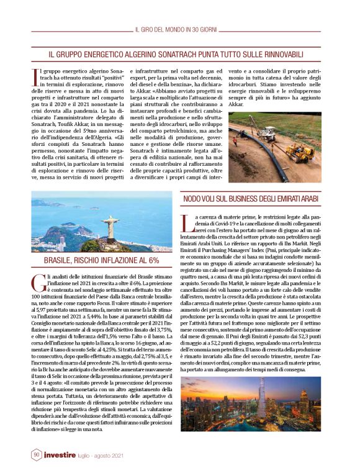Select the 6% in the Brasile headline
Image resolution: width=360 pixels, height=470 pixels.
[x=152, y=261]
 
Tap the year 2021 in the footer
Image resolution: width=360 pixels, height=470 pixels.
[x=127, y=456]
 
